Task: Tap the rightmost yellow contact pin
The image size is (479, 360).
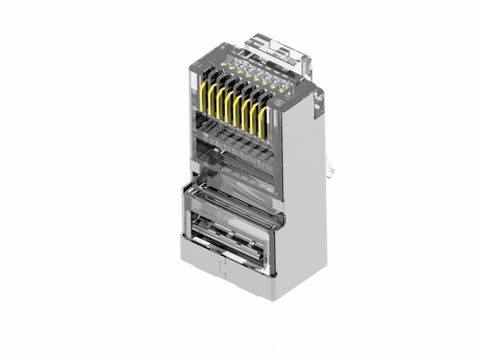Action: coord(262,122)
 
